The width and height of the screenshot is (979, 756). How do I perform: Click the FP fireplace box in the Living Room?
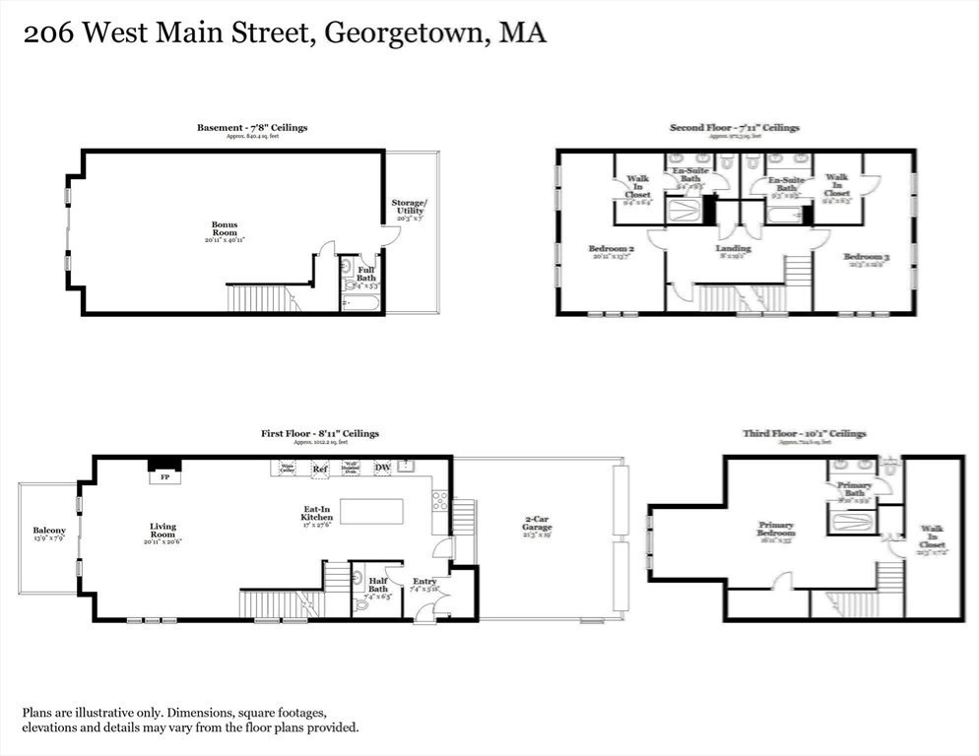(x=163, y=477)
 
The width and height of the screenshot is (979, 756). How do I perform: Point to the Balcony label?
(x=49, y=532)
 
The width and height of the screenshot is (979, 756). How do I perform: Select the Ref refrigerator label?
(x=319, y=470)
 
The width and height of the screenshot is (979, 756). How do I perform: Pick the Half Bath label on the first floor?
(x=378, y=585)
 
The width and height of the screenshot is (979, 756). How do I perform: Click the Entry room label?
(x=424, y=582)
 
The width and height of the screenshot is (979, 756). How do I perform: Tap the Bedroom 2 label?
(x=609, y=249)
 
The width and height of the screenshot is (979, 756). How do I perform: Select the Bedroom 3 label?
(x=867, y=258)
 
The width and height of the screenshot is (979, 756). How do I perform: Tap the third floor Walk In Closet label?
(x=931, y=536)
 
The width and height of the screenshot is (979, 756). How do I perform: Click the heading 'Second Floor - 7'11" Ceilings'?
(x=735, y=128)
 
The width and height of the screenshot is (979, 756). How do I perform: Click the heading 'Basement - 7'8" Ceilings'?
(x=252, y=128)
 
